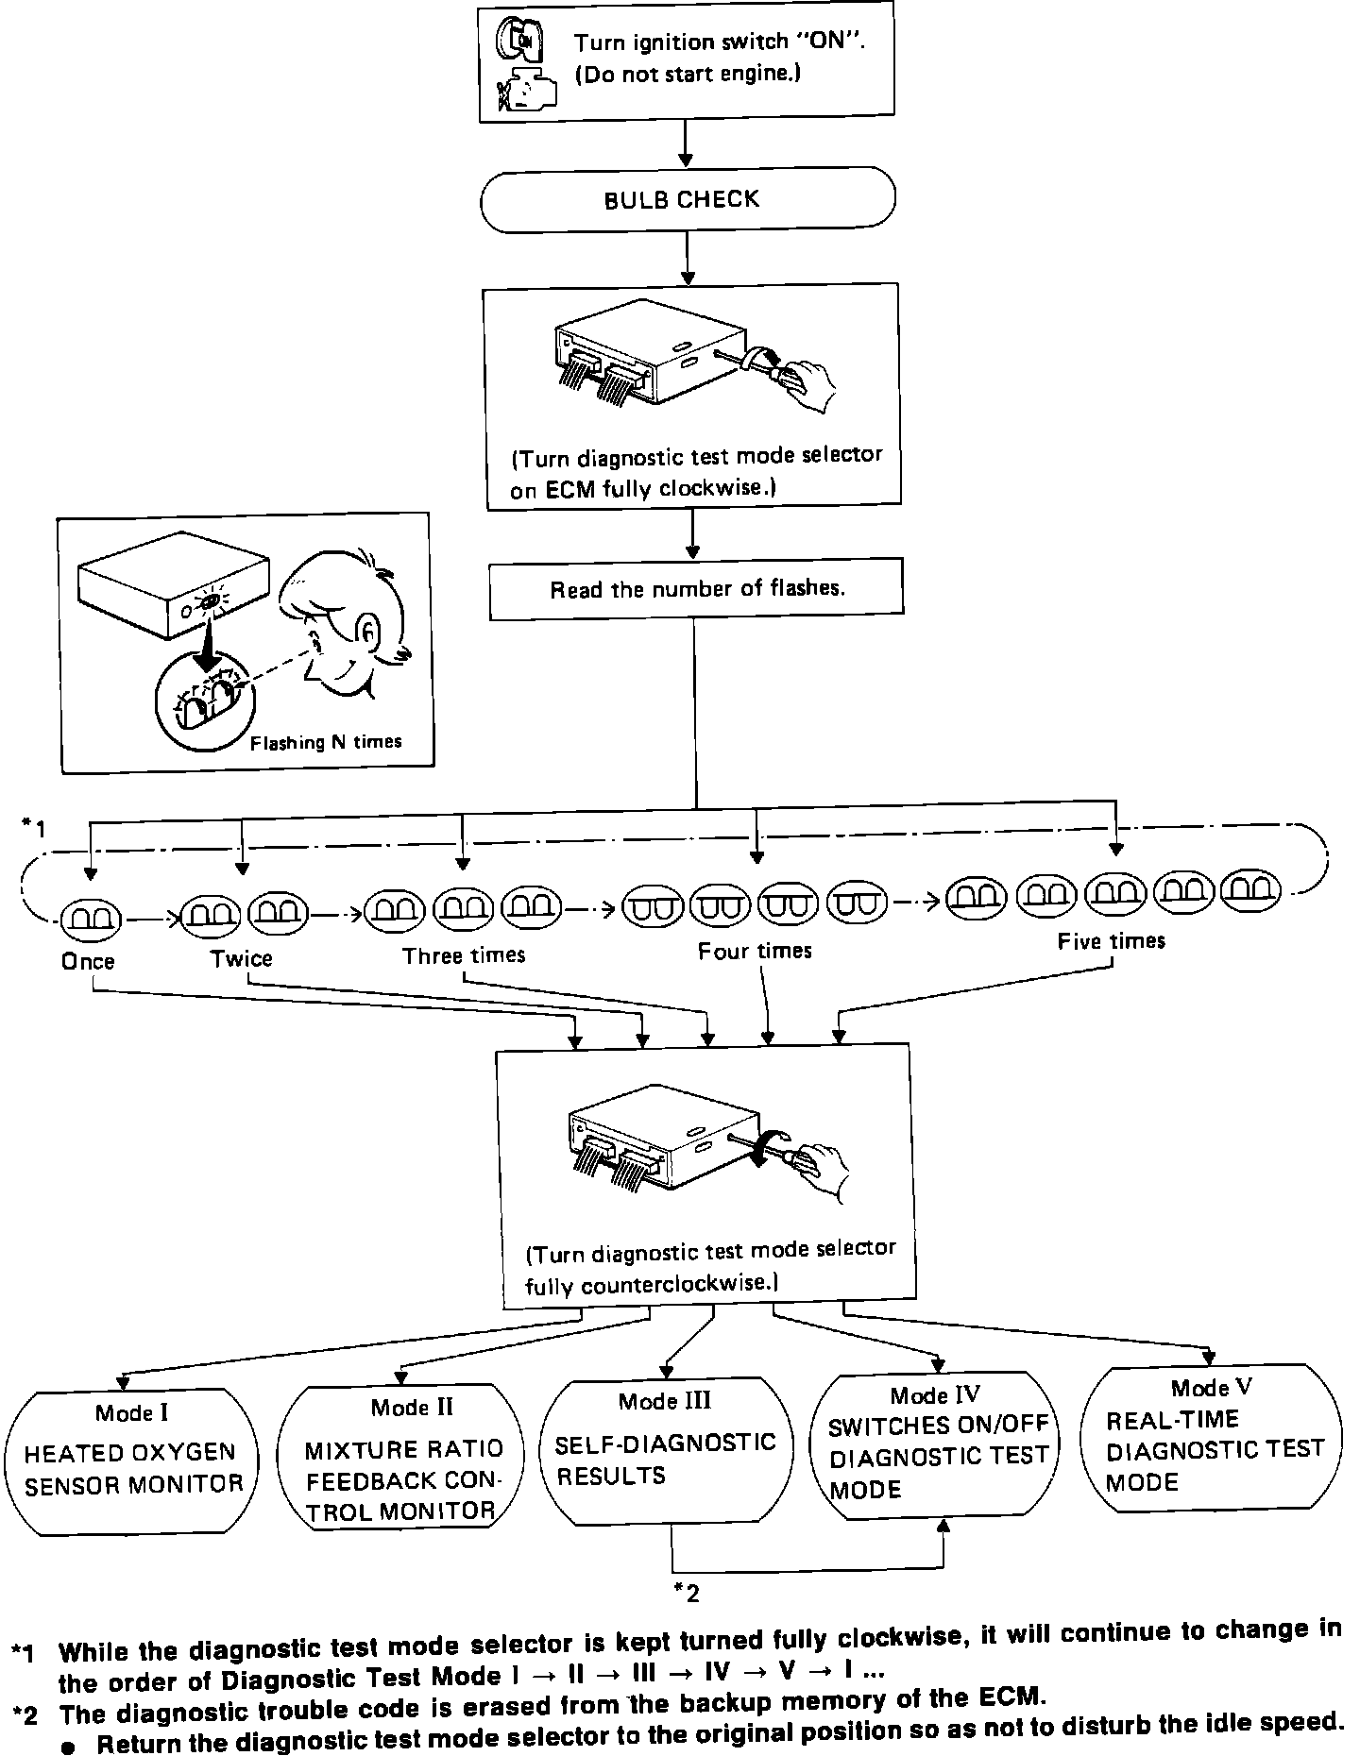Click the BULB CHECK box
click(687, 200)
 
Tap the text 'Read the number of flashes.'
click(697, 589)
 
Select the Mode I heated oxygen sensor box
click(133, 1460)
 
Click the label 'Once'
click(88, 962)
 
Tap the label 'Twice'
click(242, 959)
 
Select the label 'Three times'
click(464, 955)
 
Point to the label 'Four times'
click(755, 951)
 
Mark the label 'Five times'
click(1112, 941)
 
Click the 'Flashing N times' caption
click(326, 743)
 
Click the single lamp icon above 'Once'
click(91, 916)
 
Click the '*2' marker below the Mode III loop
click(687, 1594)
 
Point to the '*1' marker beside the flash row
click(33, 828)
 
